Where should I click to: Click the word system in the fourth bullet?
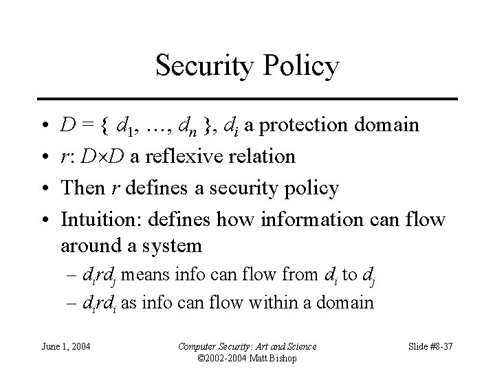coord(171,245)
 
